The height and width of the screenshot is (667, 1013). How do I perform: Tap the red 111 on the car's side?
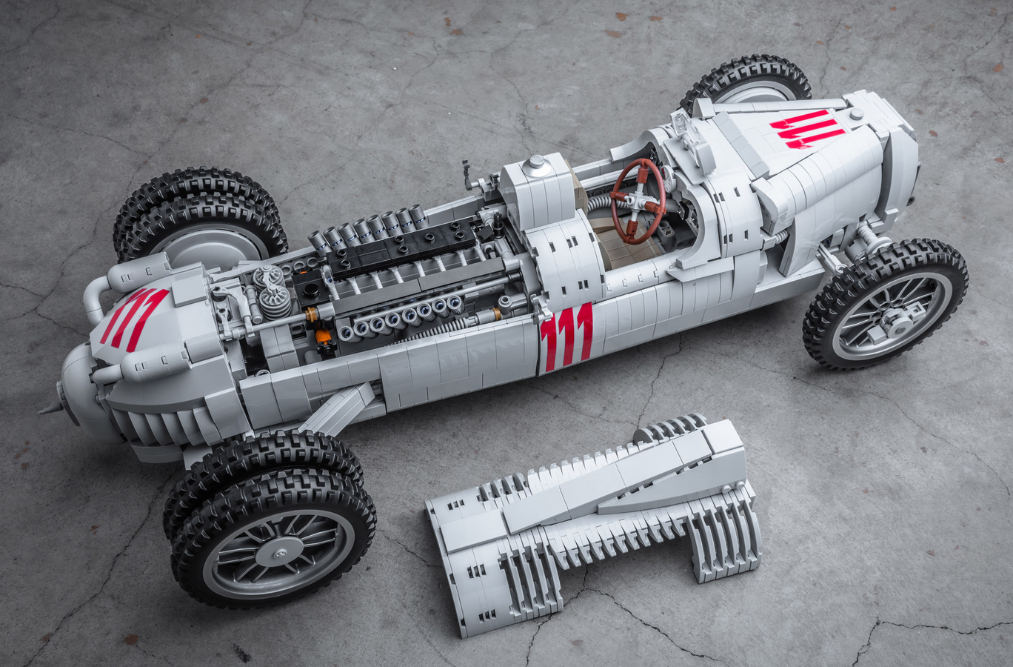pos(566,336)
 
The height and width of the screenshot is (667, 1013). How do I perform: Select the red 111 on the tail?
pos(807,130)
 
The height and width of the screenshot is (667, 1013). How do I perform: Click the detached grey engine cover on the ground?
pos(592,520)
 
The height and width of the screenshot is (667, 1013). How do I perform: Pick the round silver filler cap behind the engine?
pos(534,163)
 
